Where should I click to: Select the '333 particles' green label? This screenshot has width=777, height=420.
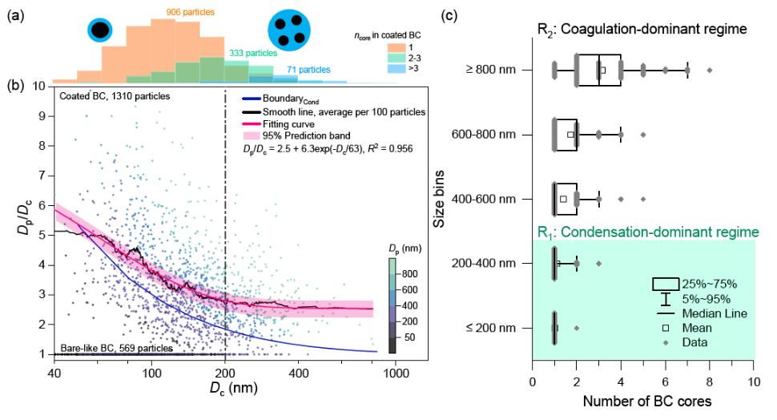253,52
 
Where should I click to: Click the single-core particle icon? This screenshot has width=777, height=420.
101,30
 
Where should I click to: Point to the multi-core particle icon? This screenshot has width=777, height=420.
290,30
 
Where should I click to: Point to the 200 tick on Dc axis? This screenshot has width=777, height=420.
225,374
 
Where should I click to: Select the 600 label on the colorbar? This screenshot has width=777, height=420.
403,290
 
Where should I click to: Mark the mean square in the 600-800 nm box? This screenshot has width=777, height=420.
570,135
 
